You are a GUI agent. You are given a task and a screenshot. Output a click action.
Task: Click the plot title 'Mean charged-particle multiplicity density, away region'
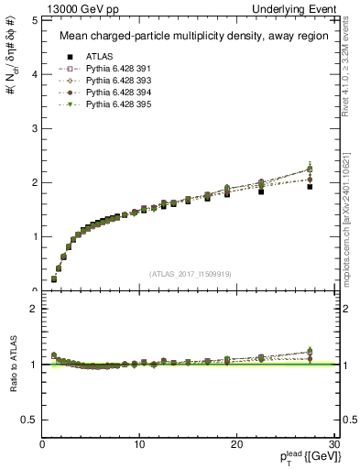click(x=188, y=37)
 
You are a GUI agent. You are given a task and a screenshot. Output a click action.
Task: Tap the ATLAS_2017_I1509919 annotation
click(x=191, y=273)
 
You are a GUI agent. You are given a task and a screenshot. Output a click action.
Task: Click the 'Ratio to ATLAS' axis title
click(x=12, y=365)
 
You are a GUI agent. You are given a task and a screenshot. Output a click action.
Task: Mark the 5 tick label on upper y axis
click(x=33, y=19)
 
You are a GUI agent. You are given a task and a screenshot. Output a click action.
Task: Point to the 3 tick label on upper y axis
click(x=33, y=127)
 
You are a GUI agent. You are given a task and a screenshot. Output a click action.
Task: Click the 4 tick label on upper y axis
click(x=33, y=73)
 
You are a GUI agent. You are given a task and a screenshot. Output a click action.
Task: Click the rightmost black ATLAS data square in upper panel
click(x=310, y=187)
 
